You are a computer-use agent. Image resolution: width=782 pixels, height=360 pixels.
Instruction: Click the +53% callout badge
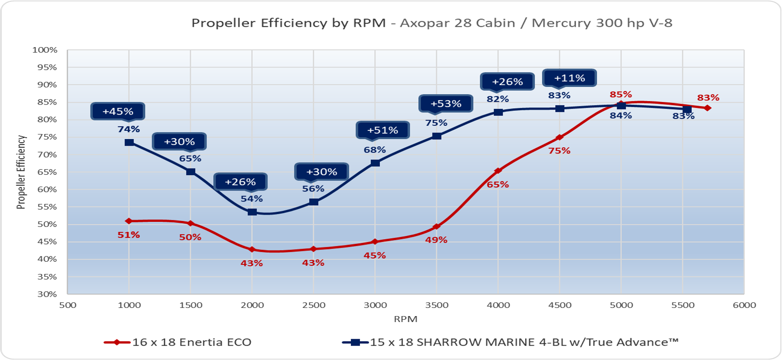coord(446,104)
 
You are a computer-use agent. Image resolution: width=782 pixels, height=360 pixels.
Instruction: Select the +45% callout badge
coord(118,111)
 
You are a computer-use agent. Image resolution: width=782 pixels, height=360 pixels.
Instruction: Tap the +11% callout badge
coord(570,78)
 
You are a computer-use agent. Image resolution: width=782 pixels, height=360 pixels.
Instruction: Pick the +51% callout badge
coord(383,130)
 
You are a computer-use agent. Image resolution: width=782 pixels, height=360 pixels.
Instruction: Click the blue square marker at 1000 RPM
coord(129,143)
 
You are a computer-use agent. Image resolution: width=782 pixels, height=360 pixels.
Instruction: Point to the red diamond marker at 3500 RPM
coord(437,226)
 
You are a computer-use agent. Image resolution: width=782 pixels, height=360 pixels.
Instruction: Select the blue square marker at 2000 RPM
coord(252,212)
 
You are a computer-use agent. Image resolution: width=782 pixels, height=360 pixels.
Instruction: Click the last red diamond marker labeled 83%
coord(707,108)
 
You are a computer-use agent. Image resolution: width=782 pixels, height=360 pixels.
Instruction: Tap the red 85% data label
coord(620,94)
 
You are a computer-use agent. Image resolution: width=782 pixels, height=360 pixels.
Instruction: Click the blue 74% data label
coord(129,130)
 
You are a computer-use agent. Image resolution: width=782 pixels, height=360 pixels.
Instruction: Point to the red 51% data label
coord(129,235)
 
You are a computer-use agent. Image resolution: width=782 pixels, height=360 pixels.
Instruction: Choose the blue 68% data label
coord(375,150)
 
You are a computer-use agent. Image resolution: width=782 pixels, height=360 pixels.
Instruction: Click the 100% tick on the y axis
coord(45,50)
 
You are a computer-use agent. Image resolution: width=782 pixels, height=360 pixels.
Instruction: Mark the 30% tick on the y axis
coord(48,294)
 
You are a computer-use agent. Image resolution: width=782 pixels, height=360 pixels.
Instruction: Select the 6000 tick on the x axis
coord(744,305)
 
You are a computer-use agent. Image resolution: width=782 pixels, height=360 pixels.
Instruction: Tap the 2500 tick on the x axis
coord(314,305)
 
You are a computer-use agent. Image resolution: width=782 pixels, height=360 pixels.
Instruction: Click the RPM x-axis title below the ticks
coord(406,319)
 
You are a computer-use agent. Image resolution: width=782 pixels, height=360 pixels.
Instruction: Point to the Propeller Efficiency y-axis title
coord(21,172)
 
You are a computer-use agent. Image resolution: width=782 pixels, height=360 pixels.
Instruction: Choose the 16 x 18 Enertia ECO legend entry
coord(178,342)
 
